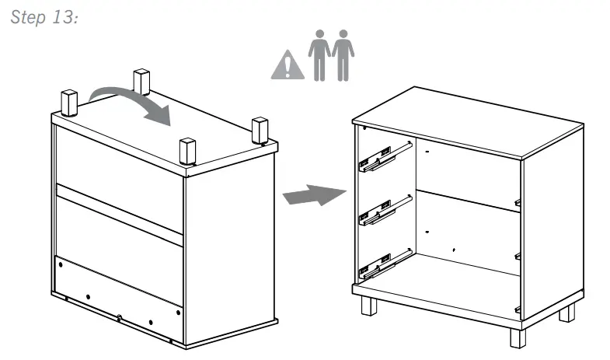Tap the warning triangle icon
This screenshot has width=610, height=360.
288,67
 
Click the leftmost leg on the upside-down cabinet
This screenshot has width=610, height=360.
68,102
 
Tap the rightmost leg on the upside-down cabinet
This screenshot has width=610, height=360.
260,130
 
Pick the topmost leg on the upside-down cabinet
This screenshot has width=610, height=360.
141,82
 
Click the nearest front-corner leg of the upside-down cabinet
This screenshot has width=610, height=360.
187,150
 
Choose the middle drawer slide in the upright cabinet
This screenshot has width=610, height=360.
385,209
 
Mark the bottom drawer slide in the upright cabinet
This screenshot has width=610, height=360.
385,263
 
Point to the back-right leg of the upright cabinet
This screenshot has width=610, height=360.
568,313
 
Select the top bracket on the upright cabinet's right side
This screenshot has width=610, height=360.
518,202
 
